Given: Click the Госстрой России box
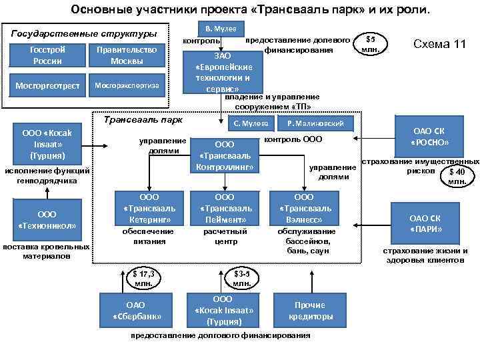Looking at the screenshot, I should (47, 55).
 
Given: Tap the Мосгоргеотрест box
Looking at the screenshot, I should (47, 86).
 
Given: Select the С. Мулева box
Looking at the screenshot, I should (251, 123).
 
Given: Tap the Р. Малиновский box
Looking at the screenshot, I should (315, 123).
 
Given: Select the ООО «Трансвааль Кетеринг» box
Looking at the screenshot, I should (147, 209).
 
